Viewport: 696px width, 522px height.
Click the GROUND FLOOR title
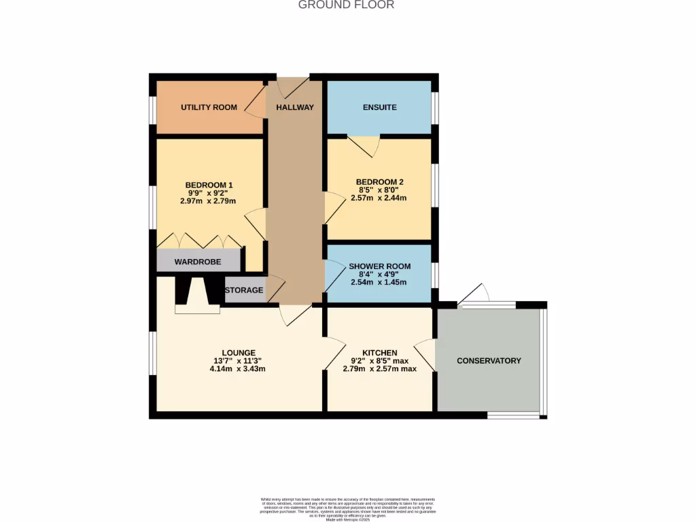pos(347,5)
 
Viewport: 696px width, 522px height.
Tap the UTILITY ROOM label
pos(209,107)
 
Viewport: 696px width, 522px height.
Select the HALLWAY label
pos(295,107)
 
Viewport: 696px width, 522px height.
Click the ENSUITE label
pos(380,107)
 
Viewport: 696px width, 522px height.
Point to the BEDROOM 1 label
pos(209,185)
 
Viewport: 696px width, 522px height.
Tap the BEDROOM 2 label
pos(380,181)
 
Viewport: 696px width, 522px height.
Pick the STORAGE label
pos(244,290)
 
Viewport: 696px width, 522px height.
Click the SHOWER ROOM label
pos(380,266)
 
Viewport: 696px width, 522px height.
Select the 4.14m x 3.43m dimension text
pos(238,369)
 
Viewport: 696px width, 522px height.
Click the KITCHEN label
pos(379,352)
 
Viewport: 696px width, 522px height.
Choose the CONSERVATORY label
pos(489,360)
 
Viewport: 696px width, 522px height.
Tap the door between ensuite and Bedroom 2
pos(364,145)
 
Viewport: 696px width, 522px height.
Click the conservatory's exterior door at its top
pos(474,294)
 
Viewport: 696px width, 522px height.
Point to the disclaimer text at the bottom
pos(347,509)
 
